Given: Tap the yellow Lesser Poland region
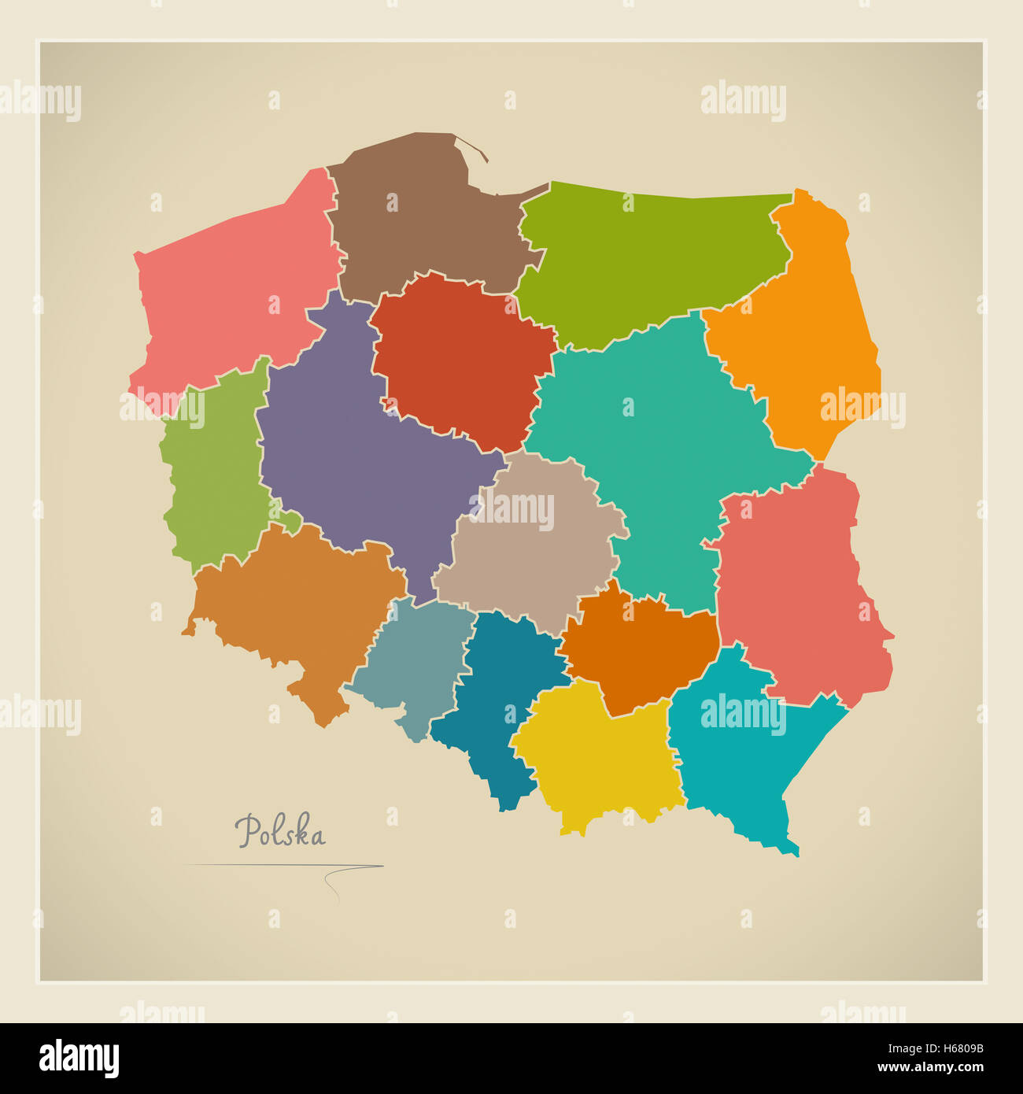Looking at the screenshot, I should click(x=598, y=756).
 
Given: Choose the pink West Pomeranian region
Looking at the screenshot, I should click(x=236, y=299).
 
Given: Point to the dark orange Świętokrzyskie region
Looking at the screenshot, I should click(x=637, y=653).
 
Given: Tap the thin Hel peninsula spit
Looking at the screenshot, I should click(x=471, y=147).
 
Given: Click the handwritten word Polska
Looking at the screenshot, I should click(x=280, y=832).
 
